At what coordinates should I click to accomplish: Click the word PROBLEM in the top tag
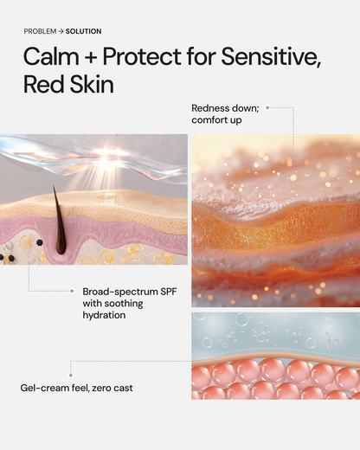[x=41, y=31]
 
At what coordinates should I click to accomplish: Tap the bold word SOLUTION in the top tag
[x=83, y=31]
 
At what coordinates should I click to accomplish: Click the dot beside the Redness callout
[x=268, y=107]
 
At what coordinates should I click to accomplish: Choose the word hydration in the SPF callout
[x=104, y=316]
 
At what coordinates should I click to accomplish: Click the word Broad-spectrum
[x=116, y=292]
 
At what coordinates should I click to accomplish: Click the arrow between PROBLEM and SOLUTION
[x=62, y=31]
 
